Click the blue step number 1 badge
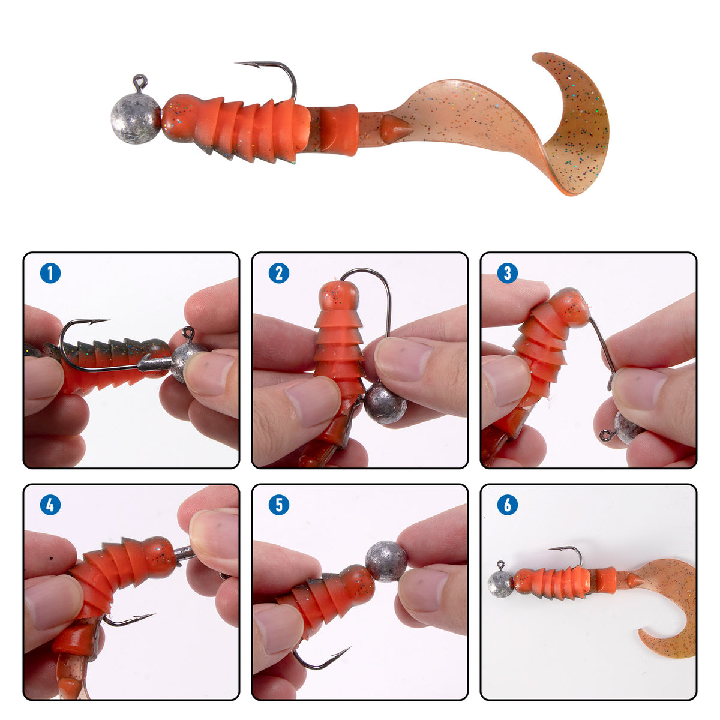tap(50, 273)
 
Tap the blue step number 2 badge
tap(279, 273)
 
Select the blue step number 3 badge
tap(508, 273)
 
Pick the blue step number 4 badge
tap(50, 505)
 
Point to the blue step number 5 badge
tap(279, 505)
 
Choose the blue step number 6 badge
tap(508, 505)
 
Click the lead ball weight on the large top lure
tap(136, 118)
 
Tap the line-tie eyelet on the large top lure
tap(140, 81)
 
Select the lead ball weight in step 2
tap(386, 407)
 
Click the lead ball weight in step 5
tap(386, 561)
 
